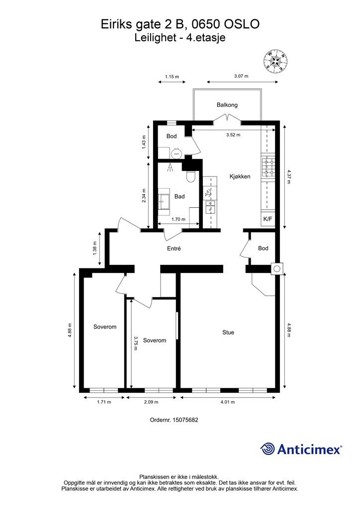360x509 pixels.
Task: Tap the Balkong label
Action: click(227, 105)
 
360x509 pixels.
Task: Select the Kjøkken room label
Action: click(240, 176)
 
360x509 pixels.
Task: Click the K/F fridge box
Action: click(268, 219)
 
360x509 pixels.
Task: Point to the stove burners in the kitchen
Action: click(268, 167)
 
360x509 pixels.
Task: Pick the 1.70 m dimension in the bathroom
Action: click(178, 219)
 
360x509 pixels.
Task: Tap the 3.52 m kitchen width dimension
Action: click(233, 135)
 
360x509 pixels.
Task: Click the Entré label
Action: click(174, 249)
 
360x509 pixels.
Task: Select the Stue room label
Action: click(228, 333)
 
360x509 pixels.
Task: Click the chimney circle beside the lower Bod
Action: click(277, 268)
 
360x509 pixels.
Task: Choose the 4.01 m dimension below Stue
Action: click(228, 402)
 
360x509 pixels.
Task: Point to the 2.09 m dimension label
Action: click(151, 402)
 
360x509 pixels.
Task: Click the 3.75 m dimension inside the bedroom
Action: click(136, 343)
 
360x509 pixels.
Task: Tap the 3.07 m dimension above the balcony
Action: click(241, 76)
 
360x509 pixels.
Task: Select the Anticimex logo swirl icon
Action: click(268, 449)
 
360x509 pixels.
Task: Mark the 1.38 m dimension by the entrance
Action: click(95, 249)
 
